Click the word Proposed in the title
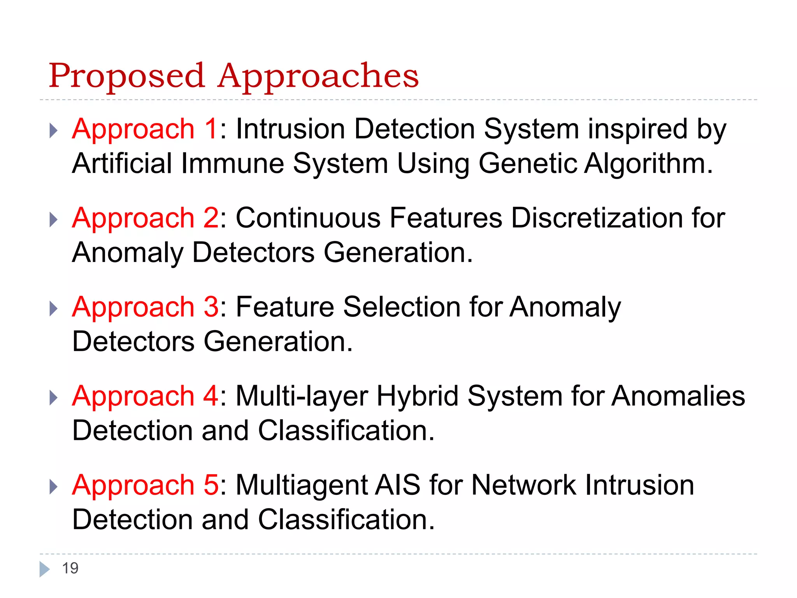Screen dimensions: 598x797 126,76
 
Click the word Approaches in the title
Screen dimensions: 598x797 318,76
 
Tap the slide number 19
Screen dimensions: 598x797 70,568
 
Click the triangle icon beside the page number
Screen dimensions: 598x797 44,569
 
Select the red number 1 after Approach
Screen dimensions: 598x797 211,129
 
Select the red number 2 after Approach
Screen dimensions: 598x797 211,218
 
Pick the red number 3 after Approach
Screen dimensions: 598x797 211,307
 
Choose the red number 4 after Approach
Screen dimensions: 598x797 211,396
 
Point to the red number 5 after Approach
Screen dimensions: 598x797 211,485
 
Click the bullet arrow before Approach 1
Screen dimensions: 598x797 54,131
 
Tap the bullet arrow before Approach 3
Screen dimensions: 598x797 54,309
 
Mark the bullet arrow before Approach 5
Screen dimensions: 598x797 54,487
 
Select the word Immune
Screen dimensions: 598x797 232,164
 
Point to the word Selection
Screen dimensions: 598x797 402,307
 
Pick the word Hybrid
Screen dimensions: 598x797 418,396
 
